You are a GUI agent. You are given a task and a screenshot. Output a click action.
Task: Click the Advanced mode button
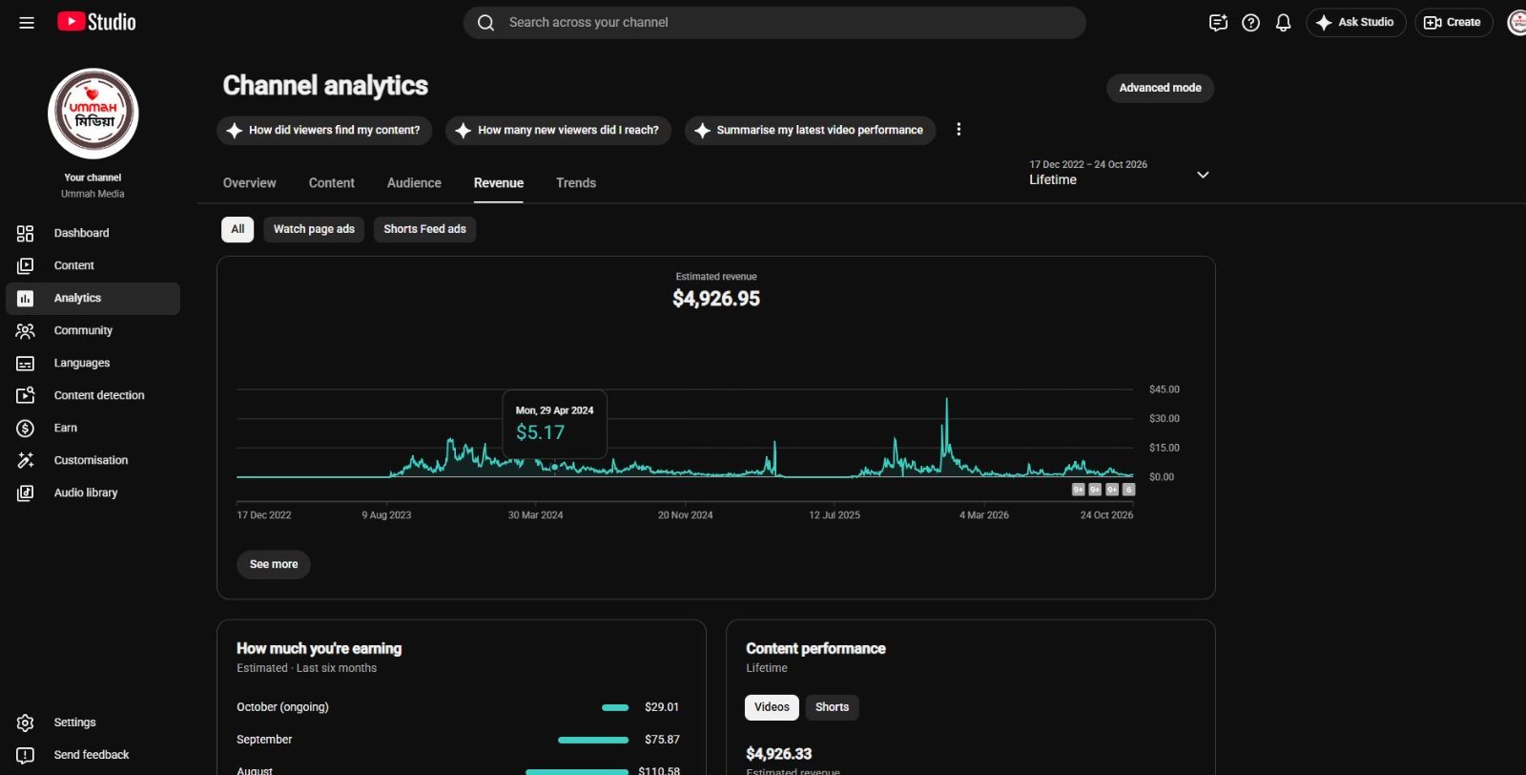[x=1160, y=88]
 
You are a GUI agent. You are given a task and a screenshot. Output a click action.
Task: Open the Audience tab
[x=414, y=182]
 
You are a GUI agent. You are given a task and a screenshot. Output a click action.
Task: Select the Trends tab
[x=576, y=182]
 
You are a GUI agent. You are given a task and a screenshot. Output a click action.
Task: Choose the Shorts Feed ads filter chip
[x=424, y=229]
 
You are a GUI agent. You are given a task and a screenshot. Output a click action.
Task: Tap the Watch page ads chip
[x=314, y=229]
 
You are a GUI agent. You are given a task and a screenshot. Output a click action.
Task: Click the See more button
[x=273, y=564]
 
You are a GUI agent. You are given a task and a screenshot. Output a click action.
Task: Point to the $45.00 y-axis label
[x=1164, y=389]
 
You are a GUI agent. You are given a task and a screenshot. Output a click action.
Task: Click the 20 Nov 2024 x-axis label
[x=685, y=515]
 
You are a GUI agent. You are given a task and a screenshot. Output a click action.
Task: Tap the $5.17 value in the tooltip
[x=540, y=432]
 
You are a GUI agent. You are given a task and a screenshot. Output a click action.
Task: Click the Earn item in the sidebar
[x=66, y=428]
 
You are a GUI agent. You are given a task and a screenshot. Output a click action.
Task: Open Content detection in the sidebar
[x=99, y=395]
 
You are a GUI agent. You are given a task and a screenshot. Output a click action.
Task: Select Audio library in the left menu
[x=85, y=492]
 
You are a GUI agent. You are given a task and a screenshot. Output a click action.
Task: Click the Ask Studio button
[x=1355, y=23]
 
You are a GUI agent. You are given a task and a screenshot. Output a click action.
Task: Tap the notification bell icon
[x=1283, y=23]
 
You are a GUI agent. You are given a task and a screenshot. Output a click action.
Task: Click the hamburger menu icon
[x=27, y=23]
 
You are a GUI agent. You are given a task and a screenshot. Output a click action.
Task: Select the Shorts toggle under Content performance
[x=832, y=707]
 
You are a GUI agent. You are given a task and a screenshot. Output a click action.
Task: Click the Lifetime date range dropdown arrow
[x=1203, y=176]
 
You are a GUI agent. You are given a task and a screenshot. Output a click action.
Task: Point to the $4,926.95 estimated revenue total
[x=716, y=299]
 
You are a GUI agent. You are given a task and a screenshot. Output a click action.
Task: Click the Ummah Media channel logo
[x=93, y=114]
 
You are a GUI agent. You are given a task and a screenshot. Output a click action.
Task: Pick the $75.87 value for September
[x=662, y=740]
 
